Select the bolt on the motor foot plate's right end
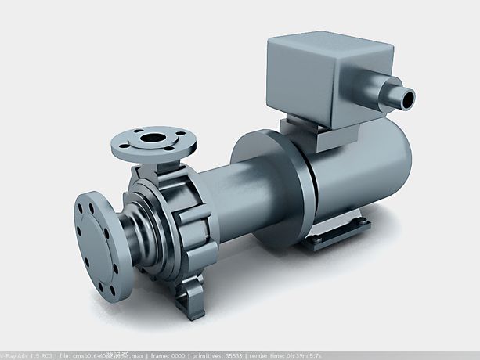tap(363, 226)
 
